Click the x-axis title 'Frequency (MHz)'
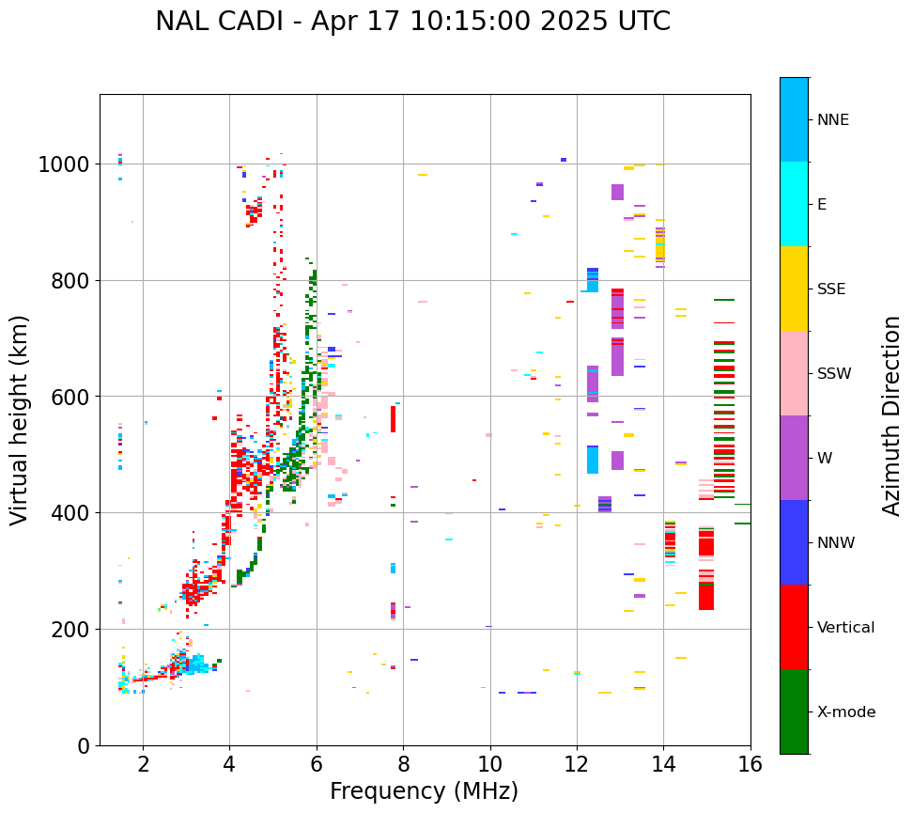coord(424,791)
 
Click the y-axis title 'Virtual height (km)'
coord(21,420)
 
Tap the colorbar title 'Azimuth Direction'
coord(891,415)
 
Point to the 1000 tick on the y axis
coord(64,164)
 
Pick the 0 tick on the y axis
coord(84,746)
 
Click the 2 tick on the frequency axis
coord(143,765)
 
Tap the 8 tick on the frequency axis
coord(403,765)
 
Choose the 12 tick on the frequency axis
coord(577,765)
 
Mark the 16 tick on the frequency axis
coord(750,765)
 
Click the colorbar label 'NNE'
coord(833,120)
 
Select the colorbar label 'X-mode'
coord(846,712)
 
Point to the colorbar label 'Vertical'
coord(845,628)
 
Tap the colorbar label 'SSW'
coord(834,374)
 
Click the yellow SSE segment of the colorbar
coord(794,289)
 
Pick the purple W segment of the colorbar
coord(794,458)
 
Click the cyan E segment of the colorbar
coord(794,204)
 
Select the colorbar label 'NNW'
coord(835,543)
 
